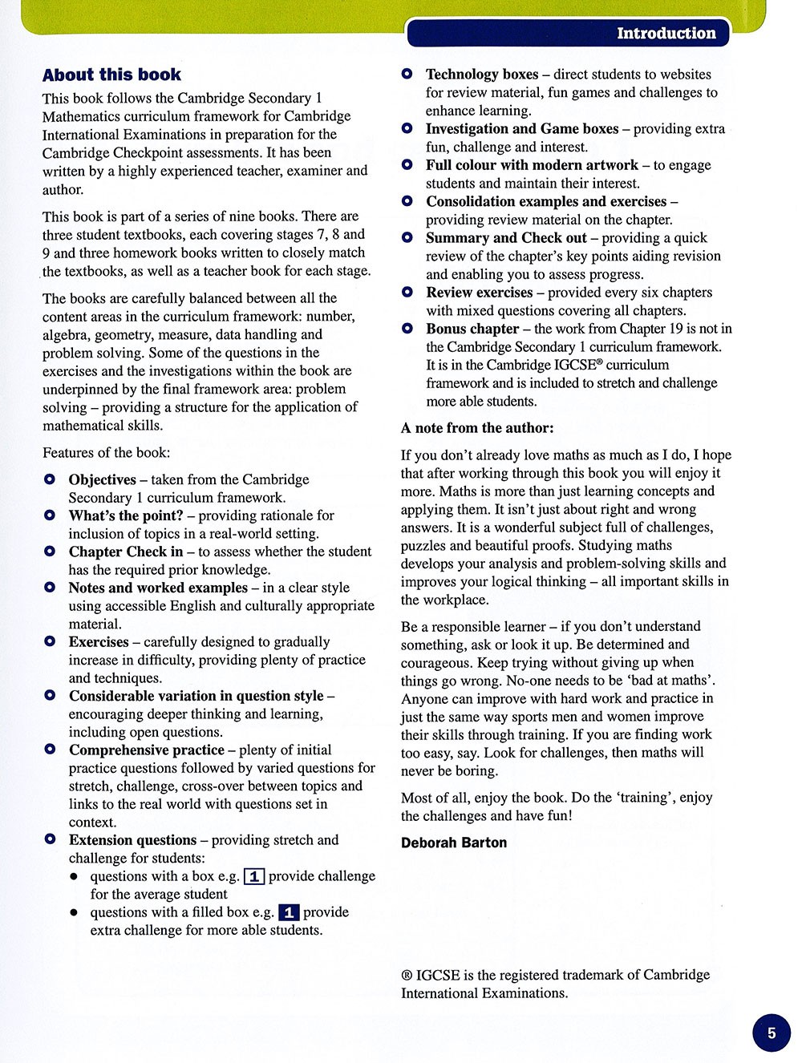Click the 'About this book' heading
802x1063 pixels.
pos(111,75)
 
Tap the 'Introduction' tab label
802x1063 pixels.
pos(666,34)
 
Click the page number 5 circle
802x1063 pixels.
pos(772,1033)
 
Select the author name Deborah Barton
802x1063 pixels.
pos(454,843)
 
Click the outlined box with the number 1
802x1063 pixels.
pos(253,876)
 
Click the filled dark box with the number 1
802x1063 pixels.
pos(289,912)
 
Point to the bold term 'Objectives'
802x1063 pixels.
pos(103,479)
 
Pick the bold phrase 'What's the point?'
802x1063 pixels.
pos(126,515)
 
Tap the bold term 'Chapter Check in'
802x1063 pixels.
pos(126,552)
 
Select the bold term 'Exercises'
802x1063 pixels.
pos(99,642)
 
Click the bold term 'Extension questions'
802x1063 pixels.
pos(132,840)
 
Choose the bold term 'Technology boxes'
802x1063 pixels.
pos(482,75)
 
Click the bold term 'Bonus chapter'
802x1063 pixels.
pos(472,329)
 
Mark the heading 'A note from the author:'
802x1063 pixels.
pos(477,428)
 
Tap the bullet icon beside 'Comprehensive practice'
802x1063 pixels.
pos(50,750)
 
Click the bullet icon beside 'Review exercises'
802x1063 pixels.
pos(407,292)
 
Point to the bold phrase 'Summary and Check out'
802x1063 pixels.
pos(506,238)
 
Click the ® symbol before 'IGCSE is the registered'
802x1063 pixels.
pos(407,976)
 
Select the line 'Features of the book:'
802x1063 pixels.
pos(106,453)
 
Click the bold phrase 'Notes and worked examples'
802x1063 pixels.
pos(158,588)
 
